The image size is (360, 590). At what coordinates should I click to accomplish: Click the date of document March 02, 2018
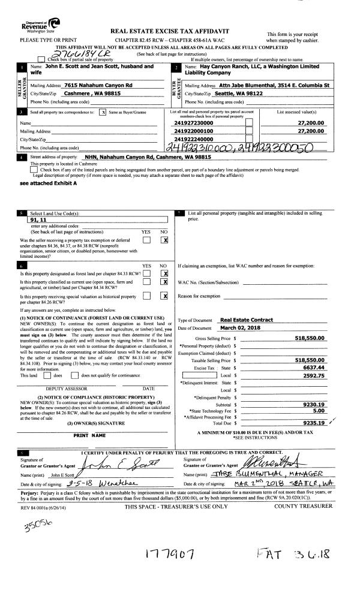tap(238, 328)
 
